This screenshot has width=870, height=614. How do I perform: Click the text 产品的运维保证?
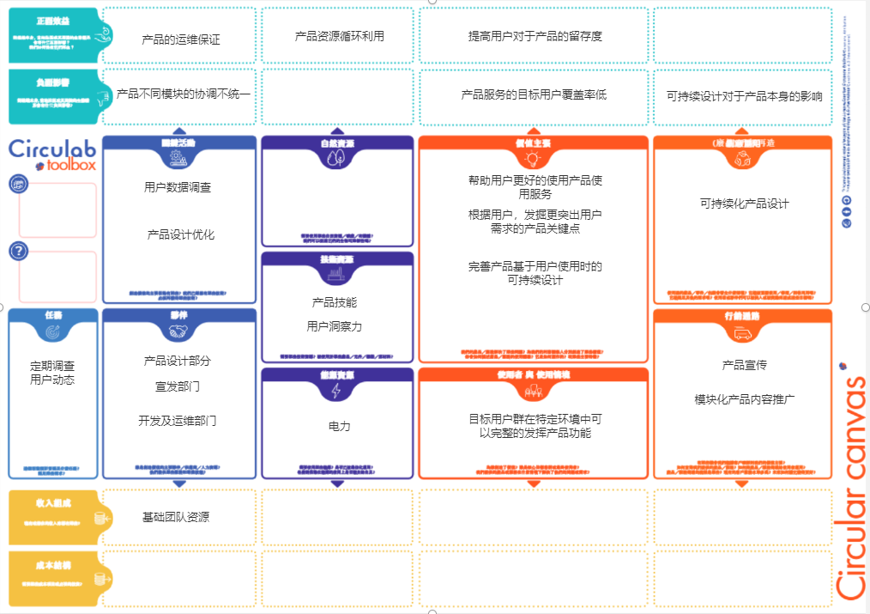(x=181, y=40)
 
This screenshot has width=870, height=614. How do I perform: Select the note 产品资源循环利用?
(x=339, y=36)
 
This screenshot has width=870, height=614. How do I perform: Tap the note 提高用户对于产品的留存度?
(x=535, y=36)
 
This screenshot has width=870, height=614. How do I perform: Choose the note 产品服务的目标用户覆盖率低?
(x=534, y=94)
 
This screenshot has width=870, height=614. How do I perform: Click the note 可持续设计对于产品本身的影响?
(x=744, y=96)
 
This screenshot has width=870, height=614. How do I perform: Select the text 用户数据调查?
(x=178, y=187)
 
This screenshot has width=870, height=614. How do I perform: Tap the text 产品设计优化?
(x=180, y=234)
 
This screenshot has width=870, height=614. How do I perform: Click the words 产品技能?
(x=334, y=302)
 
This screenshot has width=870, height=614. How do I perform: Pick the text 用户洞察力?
(x=334, y=326)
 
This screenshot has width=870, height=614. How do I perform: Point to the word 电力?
(x=339, y=426)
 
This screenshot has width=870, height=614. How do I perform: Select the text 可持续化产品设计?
(x=744, y=204)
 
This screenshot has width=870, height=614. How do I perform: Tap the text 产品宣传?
(x=744, y=365)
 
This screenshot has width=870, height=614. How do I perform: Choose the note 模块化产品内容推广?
(x=744, y=399)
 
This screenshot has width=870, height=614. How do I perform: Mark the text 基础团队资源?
(x=175, y=517)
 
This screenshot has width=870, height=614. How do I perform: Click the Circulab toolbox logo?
(x=53, y=155)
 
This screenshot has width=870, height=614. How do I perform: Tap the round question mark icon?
(x=19, y=251)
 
